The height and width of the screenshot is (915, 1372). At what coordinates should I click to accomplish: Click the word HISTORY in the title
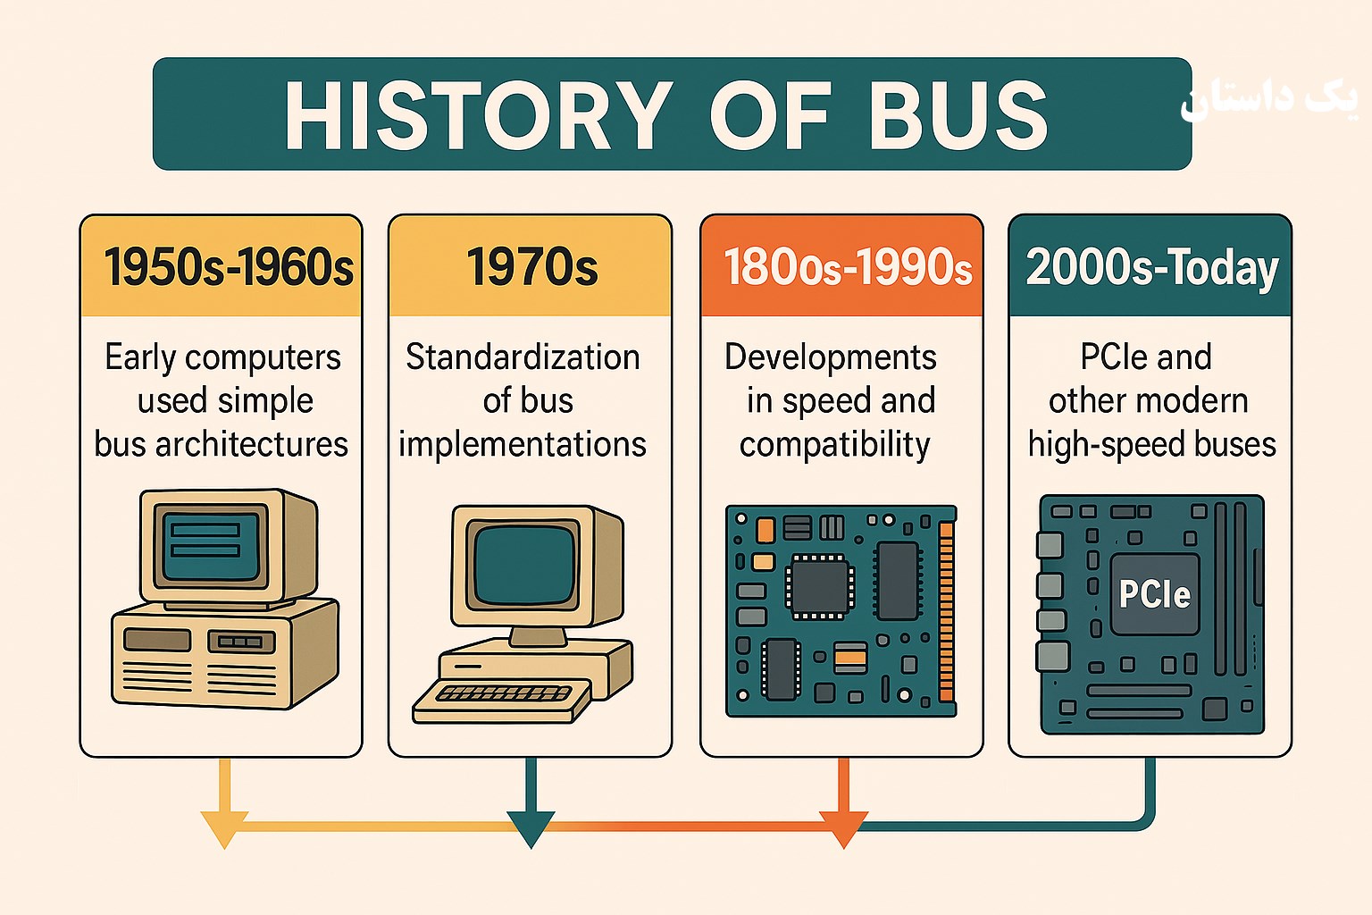pos(479,115)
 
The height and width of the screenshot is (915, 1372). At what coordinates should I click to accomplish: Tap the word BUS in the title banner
pos(958,115)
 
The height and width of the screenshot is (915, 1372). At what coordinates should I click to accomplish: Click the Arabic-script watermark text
pos(1268,100)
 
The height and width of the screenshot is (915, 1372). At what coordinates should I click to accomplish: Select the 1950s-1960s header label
pos(229,267)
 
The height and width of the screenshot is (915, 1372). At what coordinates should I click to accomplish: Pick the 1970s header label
pos(531,267)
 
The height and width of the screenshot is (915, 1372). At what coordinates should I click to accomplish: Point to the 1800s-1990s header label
pos(848,267)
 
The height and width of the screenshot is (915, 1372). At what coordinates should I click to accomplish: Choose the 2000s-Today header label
pos(1152,268)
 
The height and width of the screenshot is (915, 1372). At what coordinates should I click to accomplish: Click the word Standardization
pos(523,357)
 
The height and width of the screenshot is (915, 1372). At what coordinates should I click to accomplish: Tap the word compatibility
pos(835,445)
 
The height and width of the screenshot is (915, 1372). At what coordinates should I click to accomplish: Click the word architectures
pos(251,444)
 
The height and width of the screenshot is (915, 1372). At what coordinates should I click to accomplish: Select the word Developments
pos(831,358)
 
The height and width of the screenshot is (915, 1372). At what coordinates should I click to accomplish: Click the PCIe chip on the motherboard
pos(1155,594)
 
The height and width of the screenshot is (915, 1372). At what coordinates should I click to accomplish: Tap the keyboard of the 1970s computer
pos(502,701)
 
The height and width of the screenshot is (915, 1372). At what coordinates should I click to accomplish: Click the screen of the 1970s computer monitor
pos(525,565)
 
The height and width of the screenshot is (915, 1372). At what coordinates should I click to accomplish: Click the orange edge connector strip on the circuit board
pos(946,611)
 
